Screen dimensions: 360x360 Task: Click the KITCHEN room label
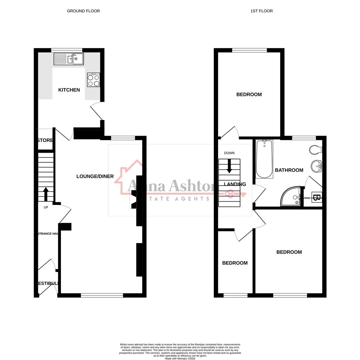coord(69,90)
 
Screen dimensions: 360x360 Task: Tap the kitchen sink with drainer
coord(69,59)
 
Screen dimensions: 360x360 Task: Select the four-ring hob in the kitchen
coord(93,80)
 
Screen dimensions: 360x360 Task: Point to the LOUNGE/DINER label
coord(95,176)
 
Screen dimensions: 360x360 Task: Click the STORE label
coord(45,140)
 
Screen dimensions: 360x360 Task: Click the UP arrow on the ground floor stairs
coord(46,194)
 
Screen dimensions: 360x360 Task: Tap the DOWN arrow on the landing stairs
coord(229,166)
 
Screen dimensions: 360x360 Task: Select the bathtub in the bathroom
coord(264,159)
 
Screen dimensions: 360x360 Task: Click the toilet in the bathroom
coord(315,150)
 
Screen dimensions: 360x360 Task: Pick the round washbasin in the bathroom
coord(316,166)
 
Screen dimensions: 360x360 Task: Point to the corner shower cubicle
coord(290,196)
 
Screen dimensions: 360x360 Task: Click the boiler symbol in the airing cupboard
coord(316,197)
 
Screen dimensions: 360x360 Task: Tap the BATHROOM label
coord(289,170)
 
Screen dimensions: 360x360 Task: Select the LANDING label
coord(235,184)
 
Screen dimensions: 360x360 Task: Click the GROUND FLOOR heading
coord(83,11)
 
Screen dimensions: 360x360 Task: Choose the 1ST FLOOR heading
coord(261,11)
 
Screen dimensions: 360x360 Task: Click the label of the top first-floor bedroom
coord(249,95)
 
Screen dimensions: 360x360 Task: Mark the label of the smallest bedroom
coord(235,263)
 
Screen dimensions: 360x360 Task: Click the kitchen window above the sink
coord(67,50)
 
